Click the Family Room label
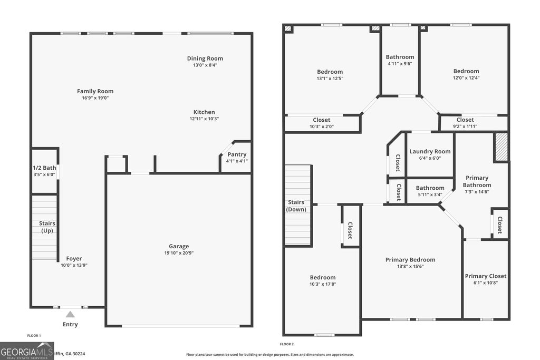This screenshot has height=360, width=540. tap(95, 91)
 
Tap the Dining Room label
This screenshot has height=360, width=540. tap(205, 59)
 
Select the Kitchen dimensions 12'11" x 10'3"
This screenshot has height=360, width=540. tap(204, 119)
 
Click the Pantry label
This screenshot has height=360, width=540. tap(237, 154)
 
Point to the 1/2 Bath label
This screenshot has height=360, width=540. tap(44, 168)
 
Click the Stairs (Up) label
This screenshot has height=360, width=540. tap(47, 227)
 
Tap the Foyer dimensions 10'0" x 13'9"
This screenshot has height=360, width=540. tap(74, 265)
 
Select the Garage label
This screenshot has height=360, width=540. tap(179, 246)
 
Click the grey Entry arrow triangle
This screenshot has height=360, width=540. tap(70, 314)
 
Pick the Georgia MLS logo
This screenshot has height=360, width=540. tap(27, 351)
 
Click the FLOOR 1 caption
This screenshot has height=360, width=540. tap(34, 335)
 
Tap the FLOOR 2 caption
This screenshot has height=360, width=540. tap(287, 344)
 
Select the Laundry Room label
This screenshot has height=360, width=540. tap(430, 151)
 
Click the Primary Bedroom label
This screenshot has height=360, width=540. tap(410, 259)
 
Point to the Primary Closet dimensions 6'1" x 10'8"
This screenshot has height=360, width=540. tap(485, 283)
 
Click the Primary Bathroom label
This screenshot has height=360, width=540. tap(477, 181)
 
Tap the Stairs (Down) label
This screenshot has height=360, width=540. tap(296, 206)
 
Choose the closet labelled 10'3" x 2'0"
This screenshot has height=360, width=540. tap(321, 127)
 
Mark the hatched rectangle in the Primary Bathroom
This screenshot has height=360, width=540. tap(501, 147)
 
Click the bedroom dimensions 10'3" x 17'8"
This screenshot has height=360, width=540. tap(322, 284)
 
